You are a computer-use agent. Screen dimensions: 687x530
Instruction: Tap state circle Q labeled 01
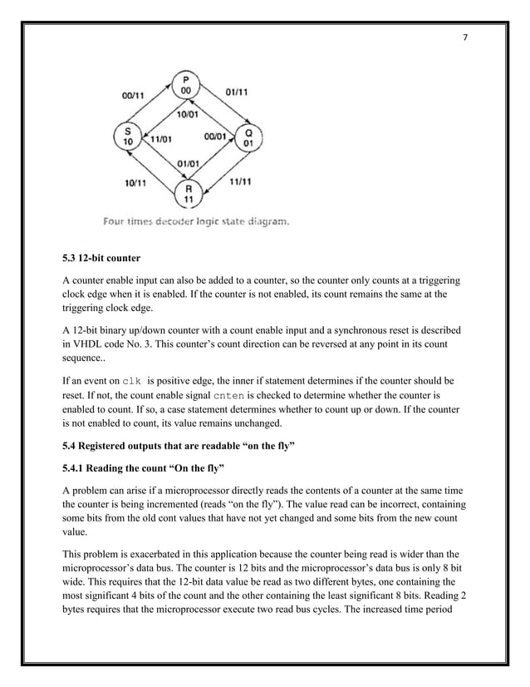(246, 136)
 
